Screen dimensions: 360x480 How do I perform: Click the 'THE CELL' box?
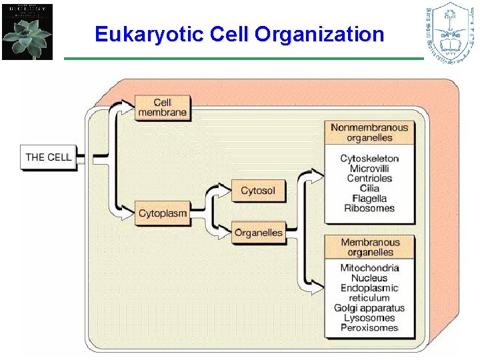pos(48,157)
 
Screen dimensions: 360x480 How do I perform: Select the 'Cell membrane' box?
pos(162,107)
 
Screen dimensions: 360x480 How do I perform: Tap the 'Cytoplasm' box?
pos(162,214)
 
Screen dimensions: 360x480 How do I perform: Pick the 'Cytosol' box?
pos(258,191)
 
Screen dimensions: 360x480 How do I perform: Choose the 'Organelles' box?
pos(258,233)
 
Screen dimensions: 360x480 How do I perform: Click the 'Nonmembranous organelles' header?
pos(369,132)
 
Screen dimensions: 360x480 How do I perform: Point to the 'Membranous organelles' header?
pos(370,247)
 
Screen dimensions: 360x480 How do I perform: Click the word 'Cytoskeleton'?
pos(369,159)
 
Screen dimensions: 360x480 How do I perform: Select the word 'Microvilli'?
pos(369,169)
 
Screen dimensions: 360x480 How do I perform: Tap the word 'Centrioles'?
pos(369,179)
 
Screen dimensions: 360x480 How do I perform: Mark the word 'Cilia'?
pos(369,189)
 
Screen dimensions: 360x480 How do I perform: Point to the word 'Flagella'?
pos(369,199)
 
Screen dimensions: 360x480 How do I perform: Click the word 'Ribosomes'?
pos(369,209)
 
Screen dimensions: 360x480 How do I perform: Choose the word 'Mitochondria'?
pos(369,268)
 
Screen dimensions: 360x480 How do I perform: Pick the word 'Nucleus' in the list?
pos(369,278)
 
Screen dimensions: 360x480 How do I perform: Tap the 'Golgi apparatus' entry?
pos(369,308)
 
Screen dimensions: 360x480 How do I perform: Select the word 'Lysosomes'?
pos(369,318)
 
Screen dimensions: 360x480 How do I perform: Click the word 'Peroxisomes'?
pos(369,328)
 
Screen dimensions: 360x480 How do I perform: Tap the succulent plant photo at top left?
pos(27,32)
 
